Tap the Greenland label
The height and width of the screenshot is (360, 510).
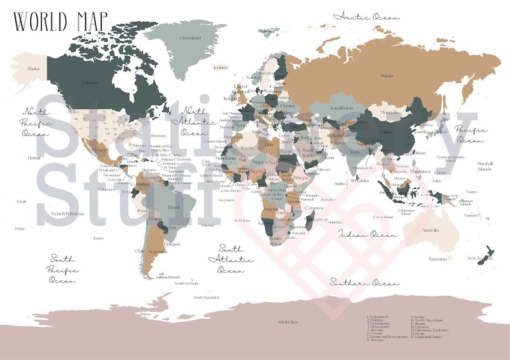(191, 38)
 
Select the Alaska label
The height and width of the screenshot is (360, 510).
(30, 68)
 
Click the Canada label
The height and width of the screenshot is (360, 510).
(90, 82)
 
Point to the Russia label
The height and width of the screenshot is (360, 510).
(387, 76)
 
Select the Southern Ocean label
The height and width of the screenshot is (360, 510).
(364, 282)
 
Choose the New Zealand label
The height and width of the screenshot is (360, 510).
(480, 258)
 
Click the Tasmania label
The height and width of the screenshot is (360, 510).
(437, 259)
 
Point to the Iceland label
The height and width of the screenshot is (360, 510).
(221, 67)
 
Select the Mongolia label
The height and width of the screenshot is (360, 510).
(390, 112)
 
